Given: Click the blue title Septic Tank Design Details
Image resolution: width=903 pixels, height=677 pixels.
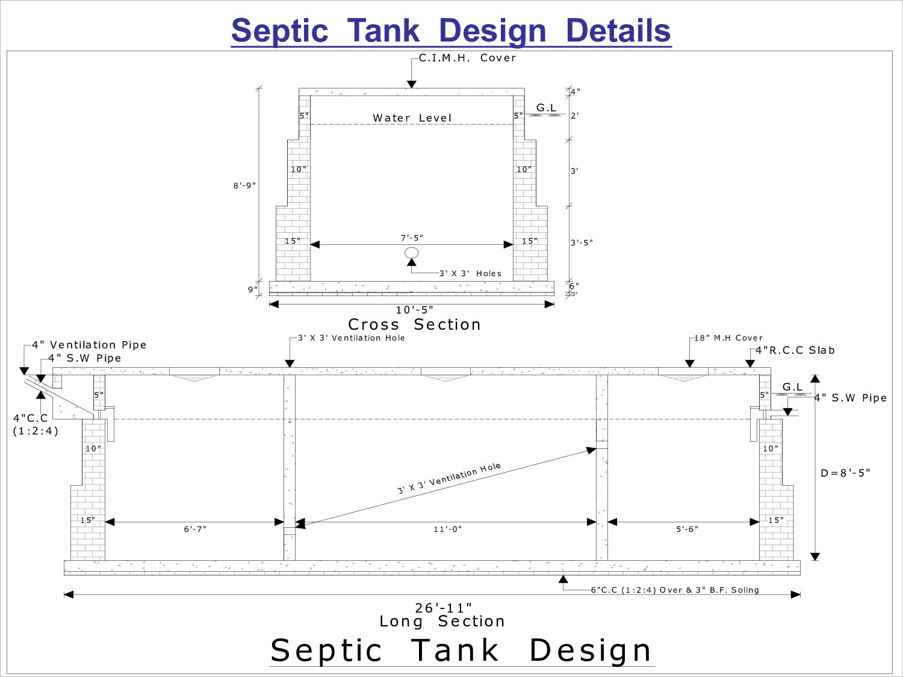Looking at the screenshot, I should point(451,30).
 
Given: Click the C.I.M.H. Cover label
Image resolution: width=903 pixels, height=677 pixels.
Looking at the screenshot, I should point(467,58).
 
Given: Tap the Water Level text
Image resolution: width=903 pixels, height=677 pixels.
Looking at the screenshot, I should point(412,118).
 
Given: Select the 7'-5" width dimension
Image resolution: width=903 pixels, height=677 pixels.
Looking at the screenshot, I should point(412,238).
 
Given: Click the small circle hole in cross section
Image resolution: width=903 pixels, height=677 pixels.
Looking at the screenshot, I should point(412,253).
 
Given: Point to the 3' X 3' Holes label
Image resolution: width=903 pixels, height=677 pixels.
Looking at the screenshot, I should point(470,273).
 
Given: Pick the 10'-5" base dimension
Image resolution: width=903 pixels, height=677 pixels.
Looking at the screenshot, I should point(414,310).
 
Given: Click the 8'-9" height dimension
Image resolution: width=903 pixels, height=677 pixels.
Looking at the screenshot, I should point(244,185).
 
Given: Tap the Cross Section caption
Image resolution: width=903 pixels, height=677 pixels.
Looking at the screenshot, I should point(414,324).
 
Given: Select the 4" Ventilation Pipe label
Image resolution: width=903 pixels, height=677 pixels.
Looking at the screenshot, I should point(89,345).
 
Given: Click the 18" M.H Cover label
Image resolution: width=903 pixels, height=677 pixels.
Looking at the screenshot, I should point(728,338).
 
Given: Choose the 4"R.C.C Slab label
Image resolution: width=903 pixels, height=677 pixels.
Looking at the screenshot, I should point(795,350).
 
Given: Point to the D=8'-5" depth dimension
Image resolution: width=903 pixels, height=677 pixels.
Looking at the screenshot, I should point(845,473).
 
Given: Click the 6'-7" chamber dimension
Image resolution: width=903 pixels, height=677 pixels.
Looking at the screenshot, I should point(195,530).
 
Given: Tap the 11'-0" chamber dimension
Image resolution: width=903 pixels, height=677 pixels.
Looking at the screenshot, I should point(447,530).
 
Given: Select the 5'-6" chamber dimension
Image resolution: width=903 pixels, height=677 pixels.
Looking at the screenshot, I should point(687,530).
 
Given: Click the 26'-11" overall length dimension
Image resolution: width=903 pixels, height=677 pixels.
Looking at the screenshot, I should point(443,608).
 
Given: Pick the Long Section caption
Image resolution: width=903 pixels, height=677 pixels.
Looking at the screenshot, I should point(442,622).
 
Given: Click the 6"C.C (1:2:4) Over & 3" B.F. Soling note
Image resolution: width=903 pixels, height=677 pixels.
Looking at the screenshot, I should point(674,590).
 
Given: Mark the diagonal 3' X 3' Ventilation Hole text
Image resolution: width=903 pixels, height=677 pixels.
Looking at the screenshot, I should point(448,478).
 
